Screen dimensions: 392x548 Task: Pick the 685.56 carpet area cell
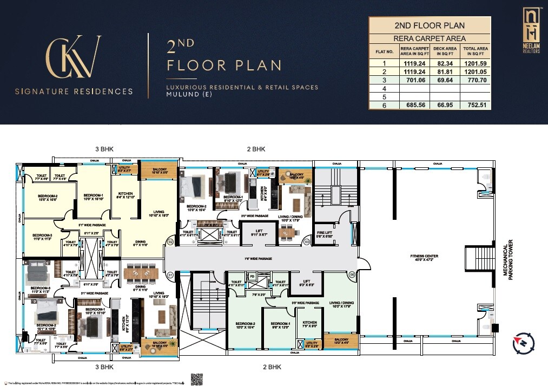(x=414, y=105)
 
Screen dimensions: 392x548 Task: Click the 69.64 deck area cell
(x=445, y=80)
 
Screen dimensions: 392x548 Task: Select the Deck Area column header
(x=445, y=51)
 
